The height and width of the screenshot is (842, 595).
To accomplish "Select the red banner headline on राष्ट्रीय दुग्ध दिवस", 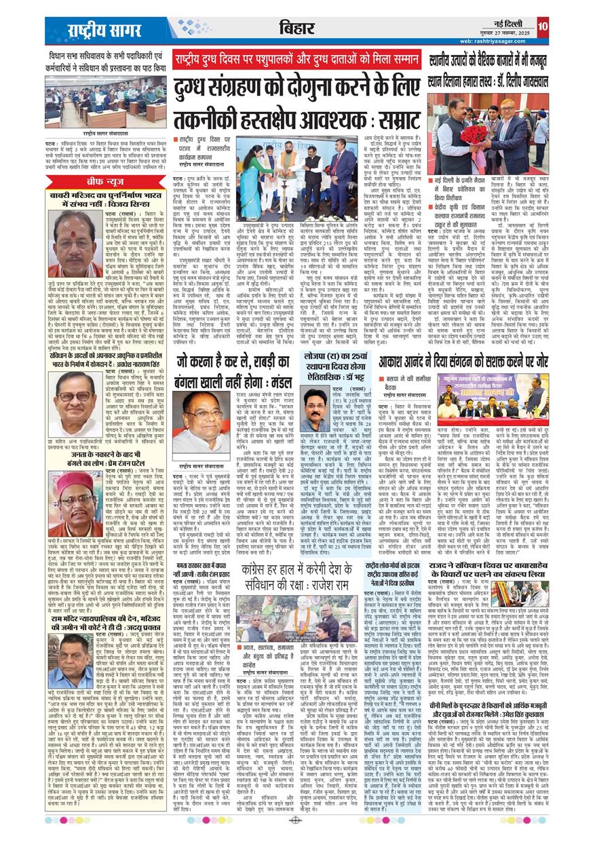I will pyautogui.click(x=294, y=59).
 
